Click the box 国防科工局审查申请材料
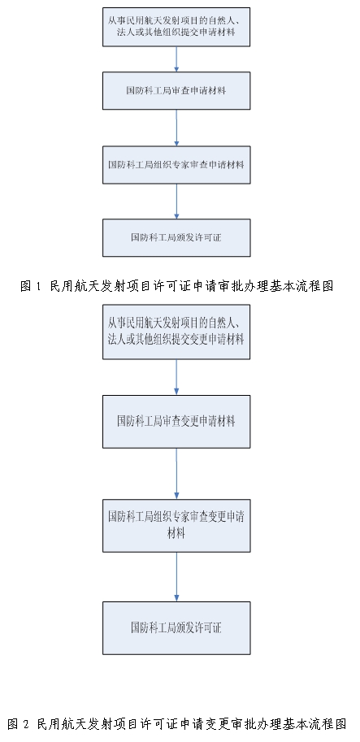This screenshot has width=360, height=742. tap(176, 90)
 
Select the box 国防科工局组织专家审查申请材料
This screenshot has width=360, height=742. tap(176, 165)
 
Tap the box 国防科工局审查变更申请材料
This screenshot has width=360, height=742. tap(176, 422)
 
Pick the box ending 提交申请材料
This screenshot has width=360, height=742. tap(176, 27)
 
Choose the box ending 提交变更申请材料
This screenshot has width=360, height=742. tap(176, 332)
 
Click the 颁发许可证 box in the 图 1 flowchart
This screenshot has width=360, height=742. tap(176, 237)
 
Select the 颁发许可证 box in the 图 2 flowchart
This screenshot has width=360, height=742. tap(176, 628)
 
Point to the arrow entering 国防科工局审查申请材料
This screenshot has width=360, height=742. tap(176, 59)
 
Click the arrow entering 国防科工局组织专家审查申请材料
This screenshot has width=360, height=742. tap(176, 128)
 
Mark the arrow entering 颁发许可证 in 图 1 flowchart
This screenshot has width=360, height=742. tap(176, 201)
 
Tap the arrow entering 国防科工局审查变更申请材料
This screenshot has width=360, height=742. tap(176, 377)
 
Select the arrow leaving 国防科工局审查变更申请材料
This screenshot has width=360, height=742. tap(176, 473)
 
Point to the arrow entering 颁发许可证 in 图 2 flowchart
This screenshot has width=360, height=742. tap(176, 577)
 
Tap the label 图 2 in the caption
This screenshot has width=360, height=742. tap(18, 724)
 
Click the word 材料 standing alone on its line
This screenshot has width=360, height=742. tap(176, 533)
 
